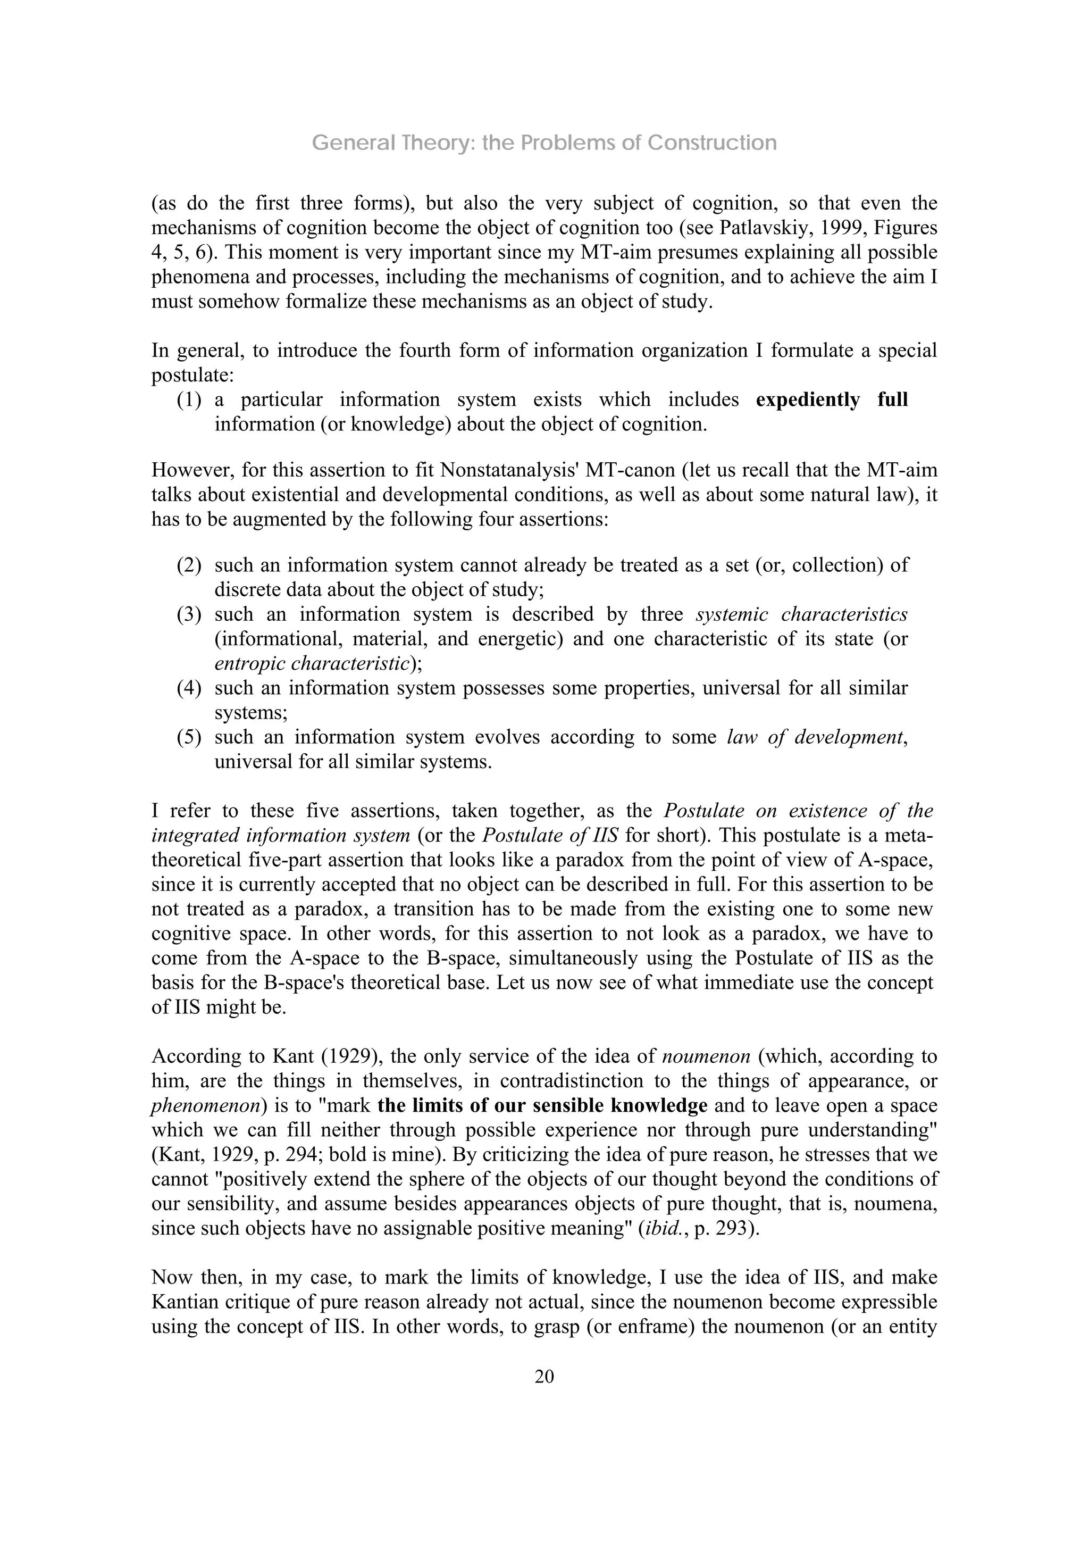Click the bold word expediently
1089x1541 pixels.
(807, 400)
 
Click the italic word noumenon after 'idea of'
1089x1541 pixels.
(706, 1056)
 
